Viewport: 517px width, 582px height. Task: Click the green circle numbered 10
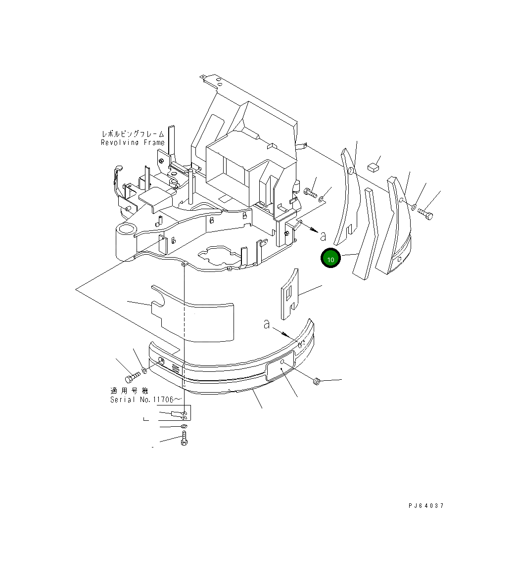[x=330, y=259]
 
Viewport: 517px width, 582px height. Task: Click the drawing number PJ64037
[x=426, y=506]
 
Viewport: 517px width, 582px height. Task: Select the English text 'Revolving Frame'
[x=133, y=143]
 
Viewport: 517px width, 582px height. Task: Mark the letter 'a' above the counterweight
[x=267, y=324]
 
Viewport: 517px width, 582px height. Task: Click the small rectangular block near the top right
[x=373, y=167]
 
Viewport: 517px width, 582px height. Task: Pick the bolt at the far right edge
[x=425, y=214]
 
